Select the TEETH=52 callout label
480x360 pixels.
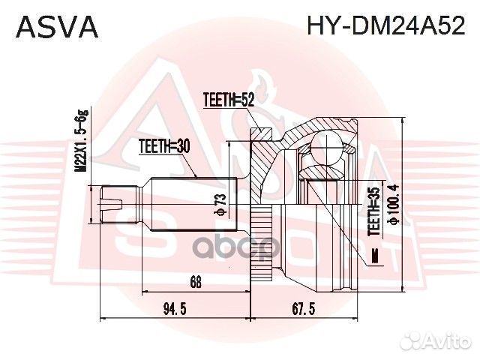point(229,98)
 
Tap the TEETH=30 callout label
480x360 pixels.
point(163,147)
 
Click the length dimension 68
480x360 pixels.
point(196,283)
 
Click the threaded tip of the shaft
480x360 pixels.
point(112,202)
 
